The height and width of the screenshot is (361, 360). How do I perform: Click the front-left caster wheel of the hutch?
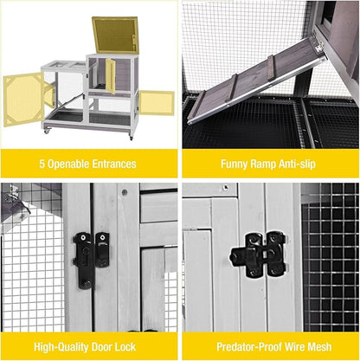point(48,130)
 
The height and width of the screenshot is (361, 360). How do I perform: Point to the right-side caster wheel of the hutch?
point(132,135)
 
